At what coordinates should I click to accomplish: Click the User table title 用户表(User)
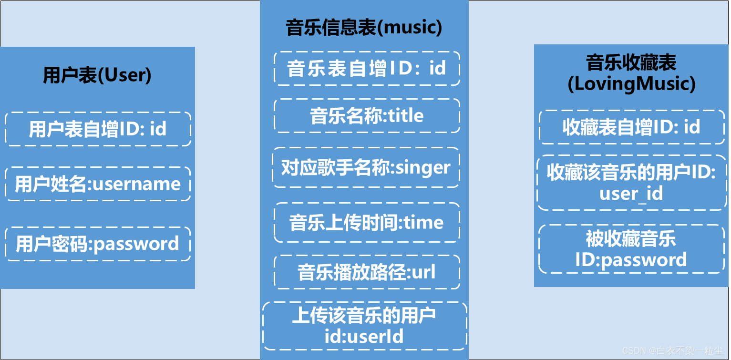click(97, 75)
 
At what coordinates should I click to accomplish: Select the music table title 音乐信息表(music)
click(364, 28)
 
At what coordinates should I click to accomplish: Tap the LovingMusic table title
click(631, 73)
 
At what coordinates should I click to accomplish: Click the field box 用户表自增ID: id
click(98, 129)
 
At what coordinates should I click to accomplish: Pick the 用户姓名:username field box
click(98, 184)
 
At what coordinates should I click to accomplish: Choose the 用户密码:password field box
click(98, 244)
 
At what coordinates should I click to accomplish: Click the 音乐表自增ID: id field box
click(367, 69)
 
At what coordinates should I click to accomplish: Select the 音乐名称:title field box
click(367, 116)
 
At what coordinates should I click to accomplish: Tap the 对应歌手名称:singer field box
click(366, 167)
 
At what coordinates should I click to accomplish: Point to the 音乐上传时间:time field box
click(367, 223)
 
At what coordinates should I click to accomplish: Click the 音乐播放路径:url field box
click(367, 272)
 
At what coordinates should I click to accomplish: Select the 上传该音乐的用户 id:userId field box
click(364, 326)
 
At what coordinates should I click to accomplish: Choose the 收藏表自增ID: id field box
click(631, 127)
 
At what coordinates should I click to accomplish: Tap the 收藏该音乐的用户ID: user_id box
click(631, 183)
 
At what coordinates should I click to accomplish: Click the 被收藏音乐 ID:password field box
click(631, 249)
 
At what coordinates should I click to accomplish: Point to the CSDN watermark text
click(672, 351)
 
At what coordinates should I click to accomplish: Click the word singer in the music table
click(423, 168)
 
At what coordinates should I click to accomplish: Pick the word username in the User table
click(136, 185)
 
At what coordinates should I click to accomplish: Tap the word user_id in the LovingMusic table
click(631, 194)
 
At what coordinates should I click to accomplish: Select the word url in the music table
click(423, 273)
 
